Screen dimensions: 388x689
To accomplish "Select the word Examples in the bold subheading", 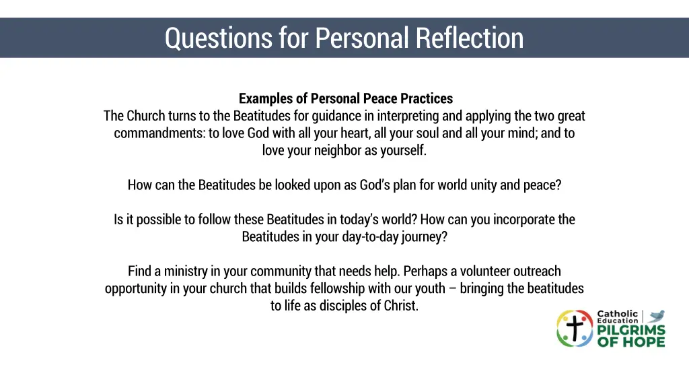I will tap(266, 99).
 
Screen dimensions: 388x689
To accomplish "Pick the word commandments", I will tap(159, 133).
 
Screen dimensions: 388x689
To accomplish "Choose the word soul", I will tap(427, 133).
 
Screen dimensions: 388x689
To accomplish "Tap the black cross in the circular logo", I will tap(574, 329).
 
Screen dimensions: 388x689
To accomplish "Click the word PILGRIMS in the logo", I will tap(631, 331).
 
